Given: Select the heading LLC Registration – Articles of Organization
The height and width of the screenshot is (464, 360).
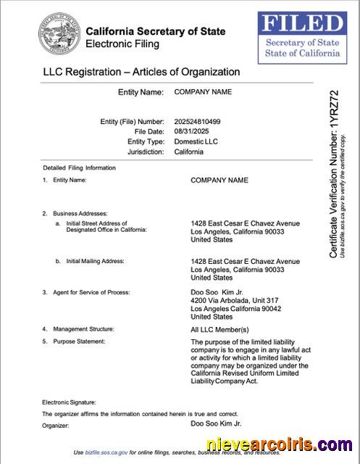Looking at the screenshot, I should tap(141, 72).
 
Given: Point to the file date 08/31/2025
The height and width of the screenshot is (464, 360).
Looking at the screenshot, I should tap(191, 131).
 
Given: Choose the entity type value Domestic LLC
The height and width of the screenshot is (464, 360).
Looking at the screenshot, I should tap(196, 141).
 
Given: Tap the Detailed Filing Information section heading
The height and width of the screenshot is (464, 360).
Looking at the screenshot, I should tap(79, 167).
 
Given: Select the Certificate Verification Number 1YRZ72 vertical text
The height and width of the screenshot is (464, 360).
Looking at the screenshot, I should tap(334, 174).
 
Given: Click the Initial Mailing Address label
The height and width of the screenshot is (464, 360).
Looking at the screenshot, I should tap(95, 260).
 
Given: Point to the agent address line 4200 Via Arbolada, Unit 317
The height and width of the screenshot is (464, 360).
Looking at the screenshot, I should tap(234, 300).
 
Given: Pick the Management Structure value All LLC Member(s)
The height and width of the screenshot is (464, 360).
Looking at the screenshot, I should tap(219, 329).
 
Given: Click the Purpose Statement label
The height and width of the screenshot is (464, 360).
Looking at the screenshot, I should tap(79, 341).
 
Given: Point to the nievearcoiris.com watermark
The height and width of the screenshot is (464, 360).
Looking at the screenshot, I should tap(280, 444).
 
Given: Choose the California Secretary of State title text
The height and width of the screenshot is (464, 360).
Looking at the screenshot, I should tap(155, 31).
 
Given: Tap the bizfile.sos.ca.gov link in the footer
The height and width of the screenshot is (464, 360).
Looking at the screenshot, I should tap(105, 452).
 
